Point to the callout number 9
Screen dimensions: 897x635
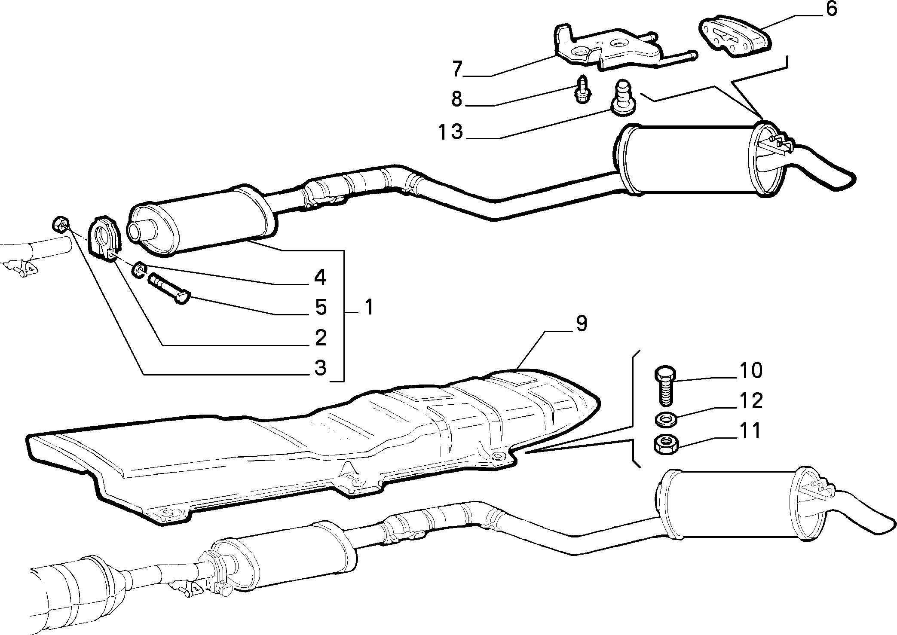pos(581,323)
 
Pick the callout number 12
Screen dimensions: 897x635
pos(751,400)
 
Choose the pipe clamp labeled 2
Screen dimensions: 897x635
pos(106,241)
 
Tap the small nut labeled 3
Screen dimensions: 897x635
pos(61,223)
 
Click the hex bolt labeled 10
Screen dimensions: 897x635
pos(664,385)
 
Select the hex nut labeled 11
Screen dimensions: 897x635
pos(665,443)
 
